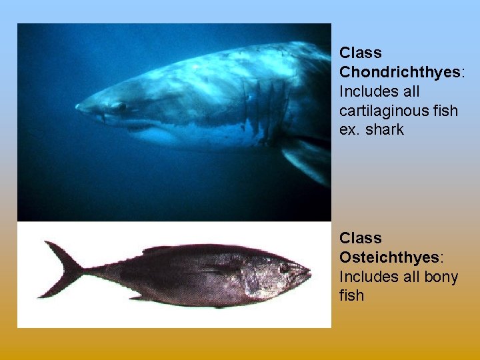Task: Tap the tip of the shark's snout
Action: pyautogui.click(x=78, y=106)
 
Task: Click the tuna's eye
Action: pyautogui.click(x=285, y=267)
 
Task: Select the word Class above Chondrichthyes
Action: pyautogui.click(x=361, y=53)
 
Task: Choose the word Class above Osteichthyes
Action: pyautogui.click(x=361, y=238)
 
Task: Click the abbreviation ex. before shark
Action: pyautogui.click(x=350, y=129)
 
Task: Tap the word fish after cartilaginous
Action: pyautogui.click(x=444, y=110)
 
